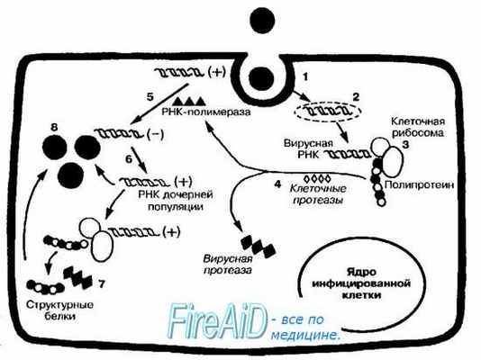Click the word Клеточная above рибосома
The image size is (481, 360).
coord(417,120)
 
